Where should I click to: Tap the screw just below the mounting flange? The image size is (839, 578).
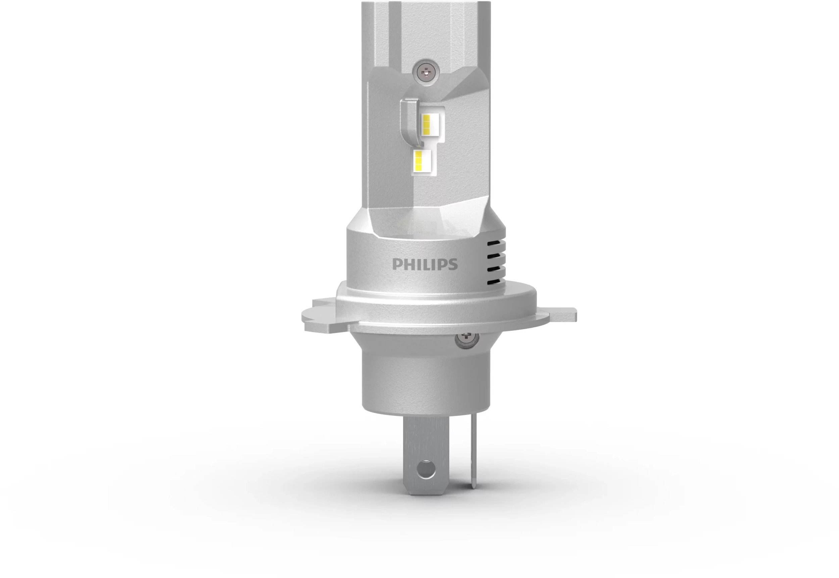(x=466, y=339)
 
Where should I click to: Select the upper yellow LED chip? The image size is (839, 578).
(x=427, y=124)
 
